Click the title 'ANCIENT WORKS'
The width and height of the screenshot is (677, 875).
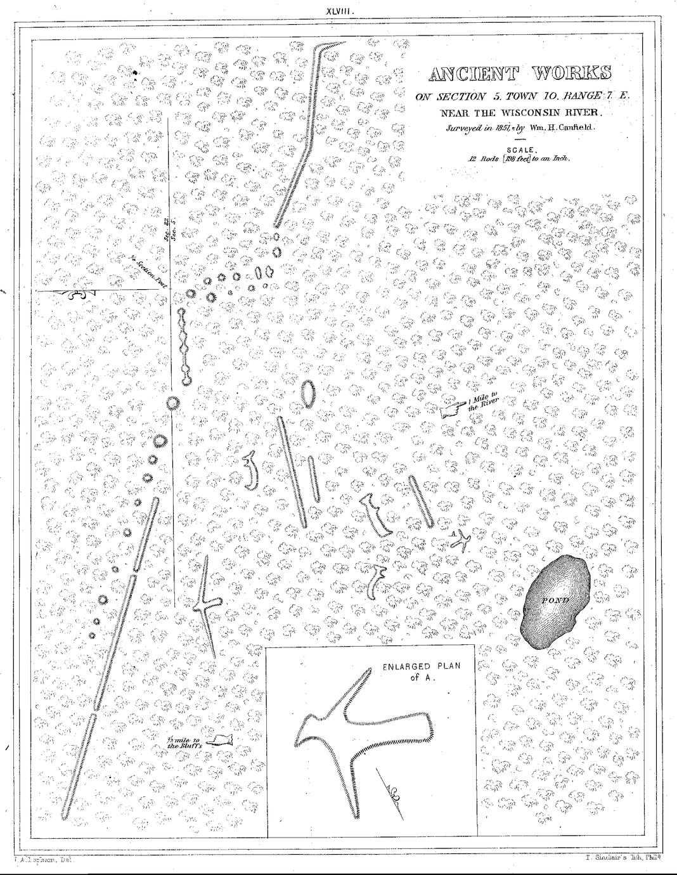pos(520,74)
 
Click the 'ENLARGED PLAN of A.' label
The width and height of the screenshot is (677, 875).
pos(421,671)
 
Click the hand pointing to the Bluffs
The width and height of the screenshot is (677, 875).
pos(219,740)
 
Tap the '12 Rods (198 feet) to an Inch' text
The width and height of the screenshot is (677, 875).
pos(519,160)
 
